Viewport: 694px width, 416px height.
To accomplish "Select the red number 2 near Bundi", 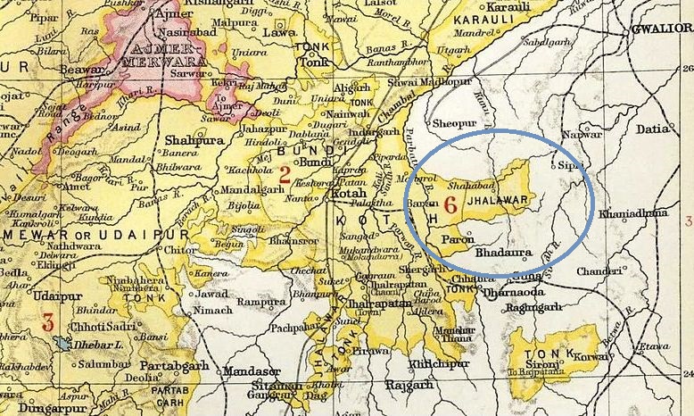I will click(x=285, y=174).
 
